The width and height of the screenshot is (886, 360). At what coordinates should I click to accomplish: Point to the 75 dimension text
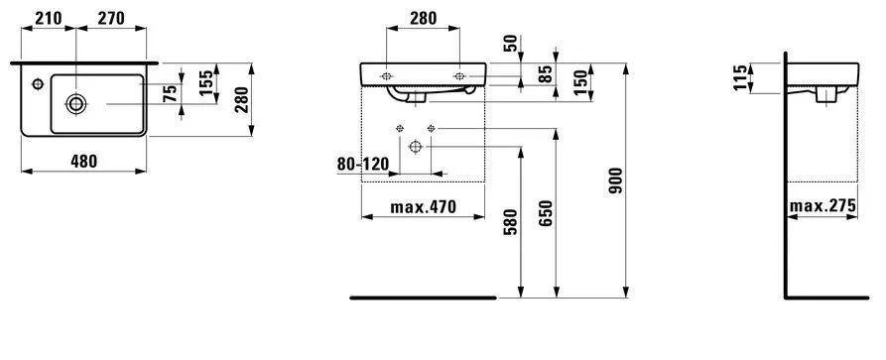tap(171, 93)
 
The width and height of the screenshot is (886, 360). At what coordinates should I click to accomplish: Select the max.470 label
tap(423, 207)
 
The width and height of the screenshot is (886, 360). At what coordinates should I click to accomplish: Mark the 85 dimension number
tap(545, 73)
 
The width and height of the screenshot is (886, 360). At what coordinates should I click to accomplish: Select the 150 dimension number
tap(577, 78)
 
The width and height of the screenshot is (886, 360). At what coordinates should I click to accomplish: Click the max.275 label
tap(823, 207)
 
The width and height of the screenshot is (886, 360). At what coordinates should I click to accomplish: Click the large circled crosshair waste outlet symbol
tap(415, 146)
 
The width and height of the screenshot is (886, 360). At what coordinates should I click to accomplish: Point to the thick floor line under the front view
tap(423, 296)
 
